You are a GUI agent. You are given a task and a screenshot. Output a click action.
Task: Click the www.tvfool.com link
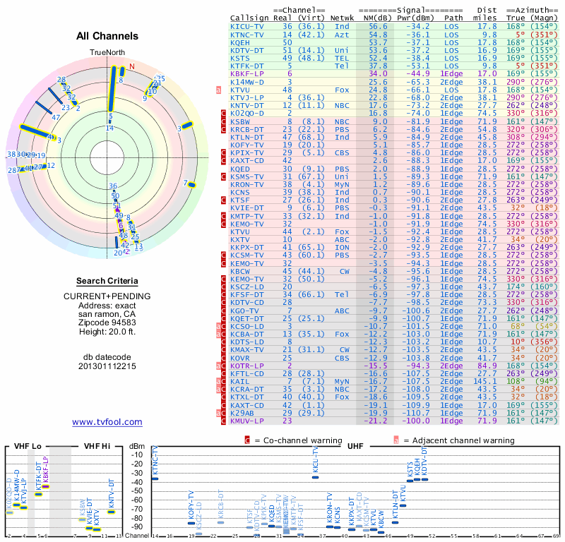click(107, 422)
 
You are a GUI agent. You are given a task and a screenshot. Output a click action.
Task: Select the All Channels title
click(107, 35)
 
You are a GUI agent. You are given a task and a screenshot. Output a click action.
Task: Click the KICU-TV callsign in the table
click(247, 26)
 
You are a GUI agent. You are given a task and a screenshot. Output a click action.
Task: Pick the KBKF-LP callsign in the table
click(247, 73)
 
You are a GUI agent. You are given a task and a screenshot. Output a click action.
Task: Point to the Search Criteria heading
click(107, 281)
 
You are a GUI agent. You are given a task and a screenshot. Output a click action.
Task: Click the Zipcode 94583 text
click(107, 322)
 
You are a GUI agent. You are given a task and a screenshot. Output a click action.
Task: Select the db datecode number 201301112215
click(107, 366)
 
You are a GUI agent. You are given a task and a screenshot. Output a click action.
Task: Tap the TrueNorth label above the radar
click(107, 52)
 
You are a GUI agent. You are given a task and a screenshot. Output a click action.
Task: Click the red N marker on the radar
click(131, 67)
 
